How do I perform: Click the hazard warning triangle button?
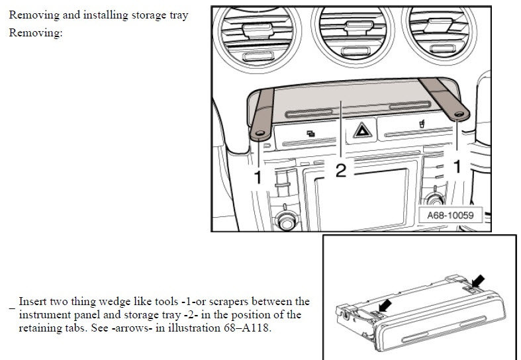[362, 130]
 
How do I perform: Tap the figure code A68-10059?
[450, 215]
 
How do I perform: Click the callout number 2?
[341, 171]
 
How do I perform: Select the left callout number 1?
[258, 177]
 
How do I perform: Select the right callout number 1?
[457, 166]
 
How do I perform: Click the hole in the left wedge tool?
[260, 133]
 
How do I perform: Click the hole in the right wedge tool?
[459, 114]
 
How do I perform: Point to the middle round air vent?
[353, 36]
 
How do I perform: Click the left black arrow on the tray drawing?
[385, 306]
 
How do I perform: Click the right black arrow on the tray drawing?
[477, 281]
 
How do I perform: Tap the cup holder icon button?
[422, 124]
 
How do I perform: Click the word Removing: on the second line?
[36, 33]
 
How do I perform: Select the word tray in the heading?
[179, 15]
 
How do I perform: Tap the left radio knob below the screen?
[286, 221]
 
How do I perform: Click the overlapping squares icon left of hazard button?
[310, 134]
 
